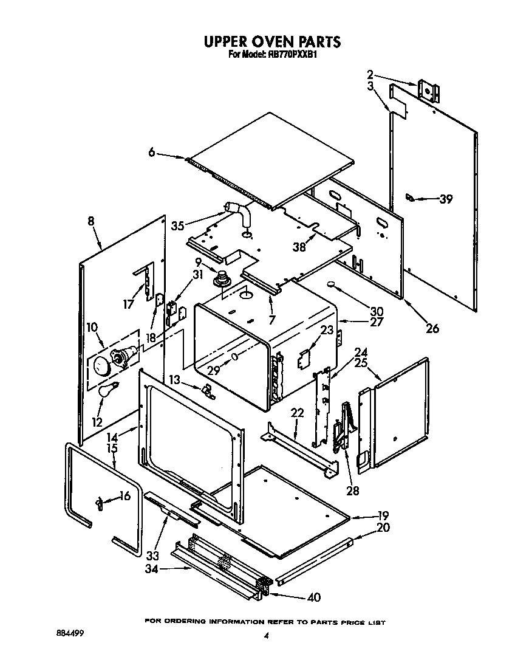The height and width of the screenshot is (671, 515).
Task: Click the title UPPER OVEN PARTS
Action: point(271,42)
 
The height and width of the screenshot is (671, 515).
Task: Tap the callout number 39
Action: point(446,199)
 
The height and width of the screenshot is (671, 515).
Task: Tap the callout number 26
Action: point(432,329)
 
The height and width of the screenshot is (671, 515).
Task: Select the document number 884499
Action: point(70,633)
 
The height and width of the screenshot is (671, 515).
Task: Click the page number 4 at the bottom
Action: point(266,636)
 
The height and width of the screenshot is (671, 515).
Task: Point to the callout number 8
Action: point(91,222)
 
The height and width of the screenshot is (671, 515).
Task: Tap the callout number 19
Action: point(383,514)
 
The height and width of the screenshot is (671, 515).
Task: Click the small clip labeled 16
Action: point(98,502)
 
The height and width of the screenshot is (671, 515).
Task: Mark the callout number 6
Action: point(151,153)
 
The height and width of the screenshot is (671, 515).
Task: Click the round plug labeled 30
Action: point(332,284)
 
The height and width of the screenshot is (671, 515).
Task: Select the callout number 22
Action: point(297,413)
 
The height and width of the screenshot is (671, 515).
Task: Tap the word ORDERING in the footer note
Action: point(184,622)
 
